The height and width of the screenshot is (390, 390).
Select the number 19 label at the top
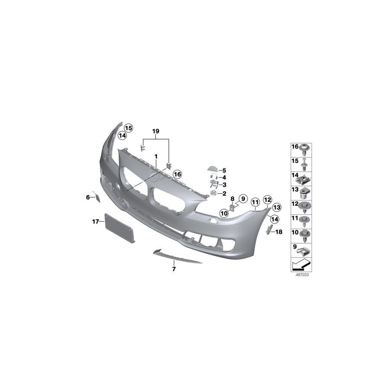click(x=156, y=130)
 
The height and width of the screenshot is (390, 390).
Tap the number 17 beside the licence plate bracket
click(x=95, y=222)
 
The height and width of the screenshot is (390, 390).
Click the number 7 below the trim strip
click(x=173, y=269)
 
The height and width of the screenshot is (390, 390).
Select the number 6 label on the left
click(x=88, y=197)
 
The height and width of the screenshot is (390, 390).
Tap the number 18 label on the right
click(x=279, y=232)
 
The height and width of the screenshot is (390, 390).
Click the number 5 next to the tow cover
click(x=225, y=170)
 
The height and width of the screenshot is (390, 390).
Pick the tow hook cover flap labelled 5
click(x=212, y=169)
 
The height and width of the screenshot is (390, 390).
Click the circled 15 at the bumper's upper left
click(x=128, y=128)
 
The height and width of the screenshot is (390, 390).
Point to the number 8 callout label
click(x=232, y=199)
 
